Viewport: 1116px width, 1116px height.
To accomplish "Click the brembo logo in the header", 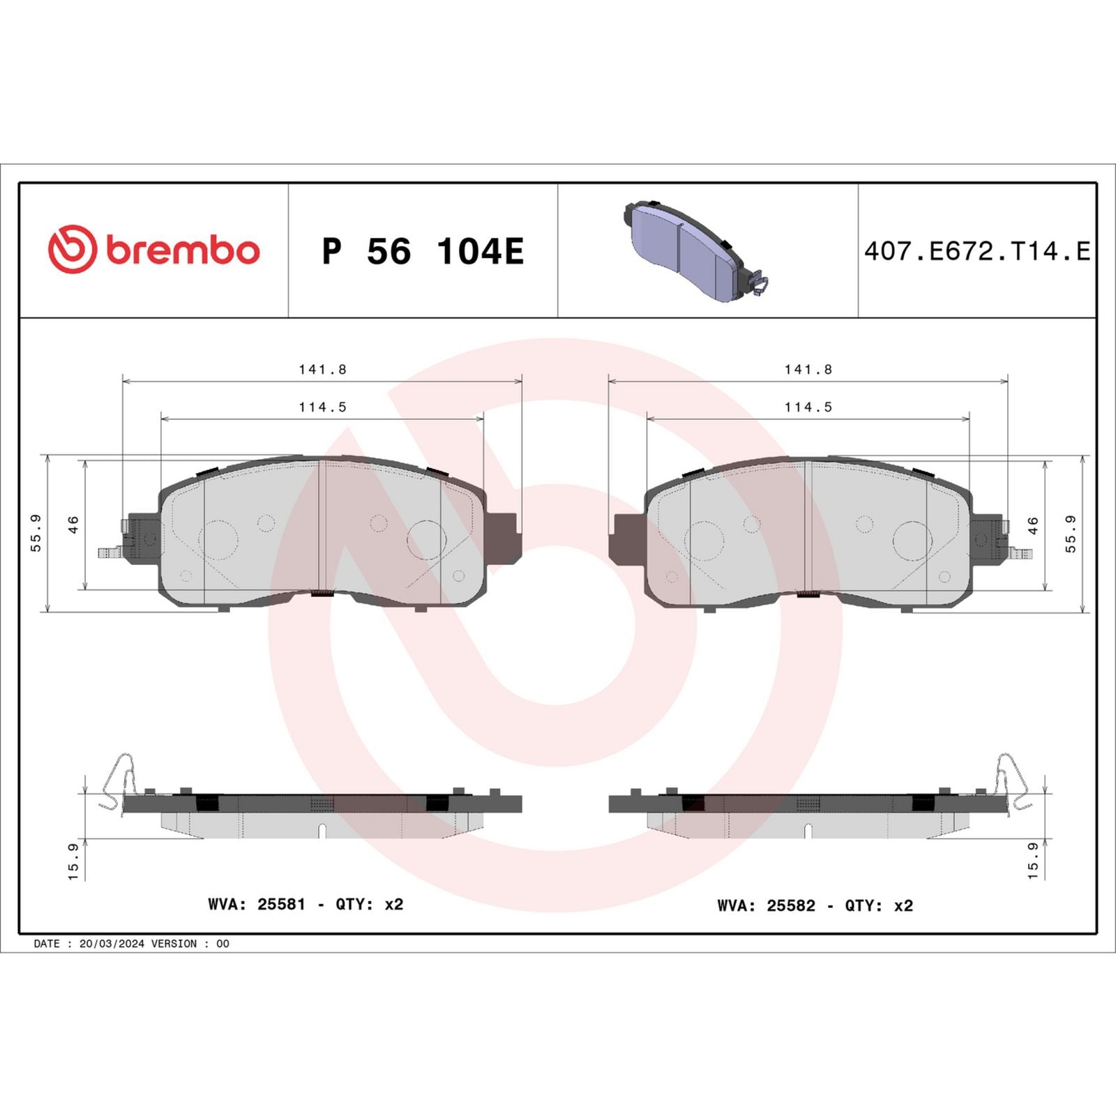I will pyautogui.click(x=153, y=249).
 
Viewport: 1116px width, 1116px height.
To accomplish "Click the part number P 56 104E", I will pyautogui.click(x=422, y=251).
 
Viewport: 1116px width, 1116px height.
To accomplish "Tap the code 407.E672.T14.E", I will pyautogui.click(x=976, y=251).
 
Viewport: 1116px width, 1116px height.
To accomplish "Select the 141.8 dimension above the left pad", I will pyautogui.click(x=322, y=370).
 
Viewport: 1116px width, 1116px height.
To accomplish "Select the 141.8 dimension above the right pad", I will pyautogui.click(x=808, y=370).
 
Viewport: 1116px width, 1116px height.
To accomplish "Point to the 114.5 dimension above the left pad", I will pyautogui.click(x=322, y=407).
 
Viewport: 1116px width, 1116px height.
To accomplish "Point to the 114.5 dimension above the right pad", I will pyautogui.click(x=808, y=407).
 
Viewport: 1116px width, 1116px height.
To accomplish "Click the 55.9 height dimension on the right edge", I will pyautogui.click(x=1071, y=534).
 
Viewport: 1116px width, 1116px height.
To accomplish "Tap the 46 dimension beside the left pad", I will pyautogui.click(x=73, y=525).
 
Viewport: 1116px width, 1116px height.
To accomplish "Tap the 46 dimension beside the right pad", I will pyautogui.click(x=1033, y=525).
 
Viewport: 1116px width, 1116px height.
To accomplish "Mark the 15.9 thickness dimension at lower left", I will pyautogui.click(x=73, y=861).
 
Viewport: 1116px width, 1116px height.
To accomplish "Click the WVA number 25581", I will pyautogui.click(x=281, y=904).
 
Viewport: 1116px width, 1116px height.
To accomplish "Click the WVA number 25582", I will pyautogui.click(x=790, y=905).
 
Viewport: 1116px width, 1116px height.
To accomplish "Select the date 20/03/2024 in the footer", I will pyautogui.click(x=112, y=944).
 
